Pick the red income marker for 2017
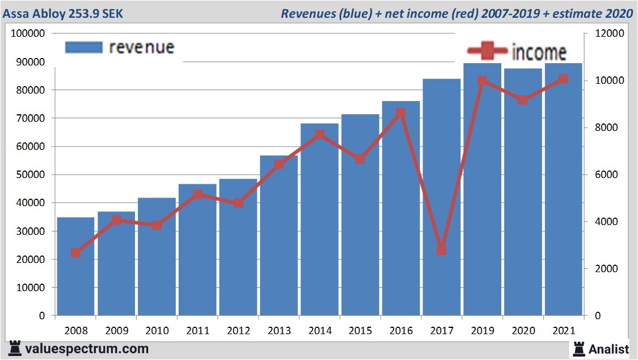coord(442,250)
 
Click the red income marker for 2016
coord(401,113)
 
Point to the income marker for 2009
coord(117,220)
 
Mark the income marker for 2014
coord(320,135)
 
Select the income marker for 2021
coord(563,79)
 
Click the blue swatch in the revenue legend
coord(84,47)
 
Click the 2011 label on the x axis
coord(198,331)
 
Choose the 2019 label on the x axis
coord(482,331)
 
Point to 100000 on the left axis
coord(28,33)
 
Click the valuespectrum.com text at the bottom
coord(86,349)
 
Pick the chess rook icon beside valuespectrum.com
coord(15,349)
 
